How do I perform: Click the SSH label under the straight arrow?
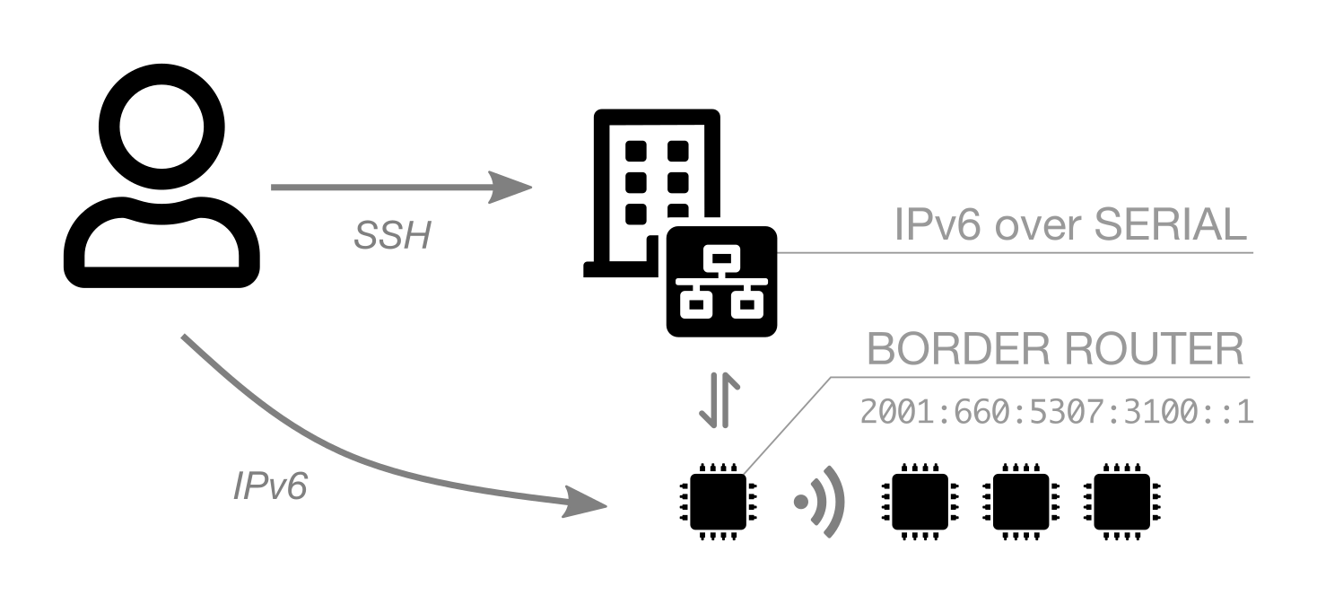click(392, 236)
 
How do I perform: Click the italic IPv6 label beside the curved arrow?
click(270, 486)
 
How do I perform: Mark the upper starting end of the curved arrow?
click(186, 337)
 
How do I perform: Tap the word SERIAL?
click(1171, 224)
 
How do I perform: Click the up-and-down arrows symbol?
click(720, 400)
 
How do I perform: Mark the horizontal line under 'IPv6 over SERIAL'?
click(1014, 253)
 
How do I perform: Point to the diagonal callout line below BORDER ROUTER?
click(787, 425)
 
